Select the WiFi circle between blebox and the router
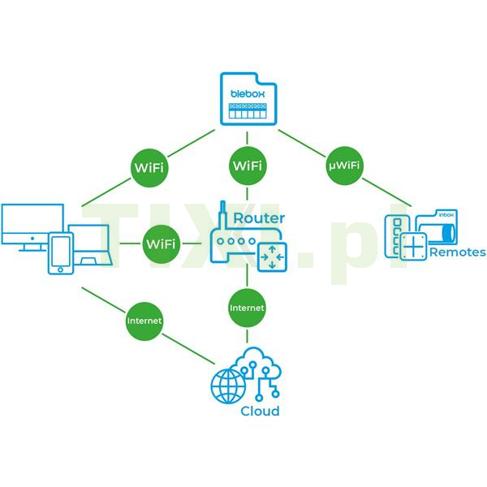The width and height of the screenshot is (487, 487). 247,166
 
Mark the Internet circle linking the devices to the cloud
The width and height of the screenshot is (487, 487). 144,321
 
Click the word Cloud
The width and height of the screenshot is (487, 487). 260,411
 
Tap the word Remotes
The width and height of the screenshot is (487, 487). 458,252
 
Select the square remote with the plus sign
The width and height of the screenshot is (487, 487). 414,247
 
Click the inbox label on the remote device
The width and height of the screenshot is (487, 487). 447,216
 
